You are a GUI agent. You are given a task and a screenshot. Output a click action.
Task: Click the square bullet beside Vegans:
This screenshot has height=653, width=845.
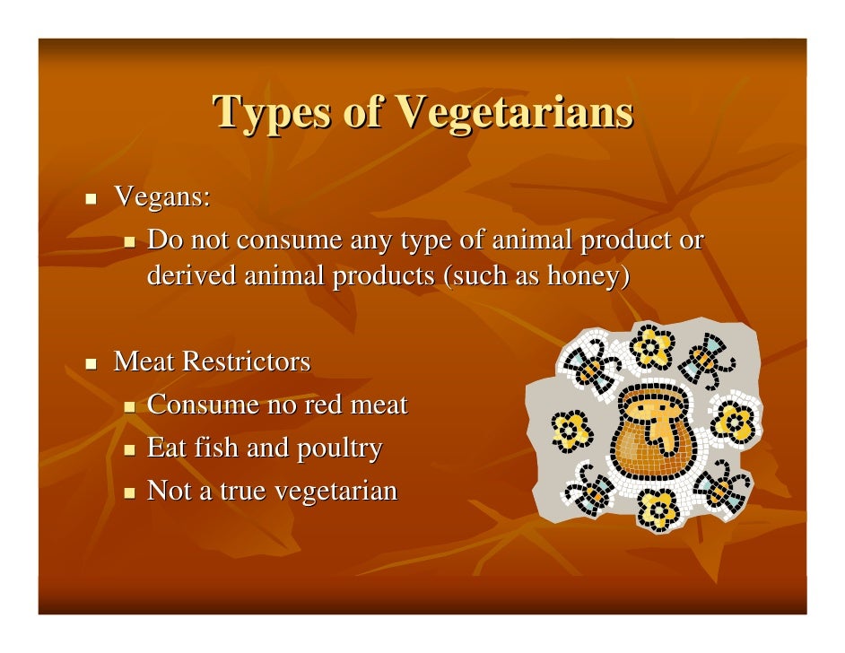pos(91,197)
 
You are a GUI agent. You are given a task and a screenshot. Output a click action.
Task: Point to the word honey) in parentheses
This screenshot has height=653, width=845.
pos(588,277)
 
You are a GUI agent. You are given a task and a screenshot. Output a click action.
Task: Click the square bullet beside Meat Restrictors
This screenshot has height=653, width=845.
pos(91,363)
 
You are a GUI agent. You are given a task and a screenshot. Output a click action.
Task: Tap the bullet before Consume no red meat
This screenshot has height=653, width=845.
pos(129,406)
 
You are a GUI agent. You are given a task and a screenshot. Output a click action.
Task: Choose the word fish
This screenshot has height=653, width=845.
pos(214,448)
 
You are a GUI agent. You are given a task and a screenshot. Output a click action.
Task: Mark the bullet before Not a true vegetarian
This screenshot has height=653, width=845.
pos(129,492)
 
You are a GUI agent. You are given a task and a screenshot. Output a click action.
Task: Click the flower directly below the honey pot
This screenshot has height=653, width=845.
pos(659,510)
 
